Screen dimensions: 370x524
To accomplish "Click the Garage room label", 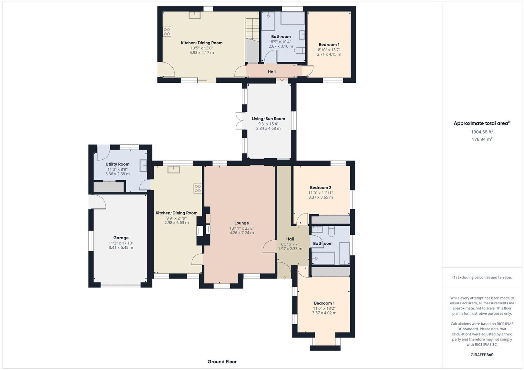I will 121,238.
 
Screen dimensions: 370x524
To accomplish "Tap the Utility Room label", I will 117,164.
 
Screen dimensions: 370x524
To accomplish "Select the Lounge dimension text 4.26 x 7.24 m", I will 242,233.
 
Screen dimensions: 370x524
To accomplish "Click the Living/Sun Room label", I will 268,119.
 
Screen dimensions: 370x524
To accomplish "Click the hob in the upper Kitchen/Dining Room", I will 167,32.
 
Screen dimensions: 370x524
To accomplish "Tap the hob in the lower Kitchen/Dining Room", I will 198,189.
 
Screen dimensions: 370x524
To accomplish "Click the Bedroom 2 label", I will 320,187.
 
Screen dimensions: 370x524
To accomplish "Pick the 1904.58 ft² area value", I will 482,132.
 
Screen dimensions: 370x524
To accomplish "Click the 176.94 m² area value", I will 482,139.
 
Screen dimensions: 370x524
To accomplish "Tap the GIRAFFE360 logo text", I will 482,355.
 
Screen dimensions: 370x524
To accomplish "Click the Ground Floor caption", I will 222,362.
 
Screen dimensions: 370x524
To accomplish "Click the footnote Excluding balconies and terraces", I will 482,277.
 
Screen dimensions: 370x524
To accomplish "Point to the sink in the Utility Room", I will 143,166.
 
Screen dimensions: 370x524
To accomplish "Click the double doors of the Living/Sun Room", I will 239,121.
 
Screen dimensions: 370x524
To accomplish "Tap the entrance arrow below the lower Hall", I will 284,278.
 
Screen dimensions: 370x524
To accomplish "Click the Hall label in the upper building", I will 272,72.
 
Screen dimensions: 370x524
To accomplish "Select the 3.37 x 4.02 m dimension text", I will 324,313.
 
